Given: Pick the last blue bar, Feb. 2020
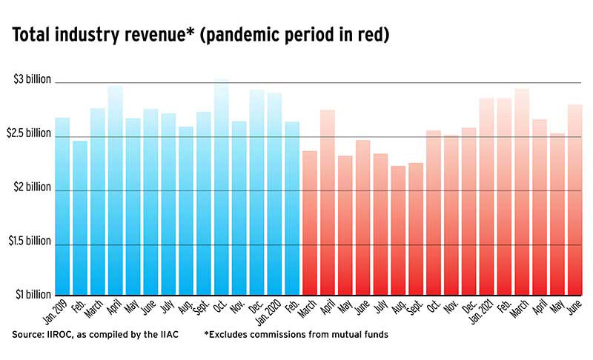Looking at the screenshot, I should click(x=292, y=208).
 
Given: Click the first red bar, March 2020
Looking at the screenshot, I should click(x=310, y=223).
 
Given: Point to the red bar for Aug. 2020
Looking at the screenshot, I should click(x=399, y=230).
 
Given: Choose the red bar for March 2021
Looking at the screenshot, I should click(x=523, y=192).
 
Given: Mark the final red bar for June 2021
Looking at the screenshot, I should click(x=575, y=200).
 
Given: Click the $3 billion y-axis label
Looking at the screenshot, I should click(x=33, y=80).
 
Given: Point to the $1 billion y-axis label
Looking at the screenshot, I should click(x=33, y=295).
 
